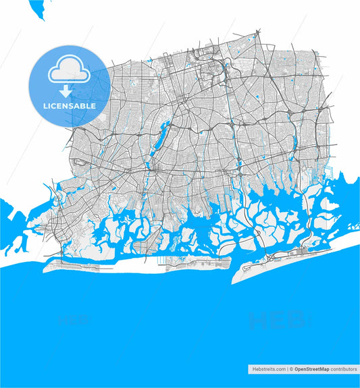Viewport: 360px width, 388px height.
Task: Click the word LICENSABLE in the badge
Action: (68, 106)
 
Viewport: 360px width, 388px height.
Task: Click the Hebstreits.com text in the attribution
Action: (268, 369)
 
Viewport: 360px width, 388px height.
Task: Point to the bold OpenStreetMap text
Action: (310, 369)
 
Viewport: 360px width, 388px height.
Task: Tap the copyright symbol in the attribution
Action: (292, 369)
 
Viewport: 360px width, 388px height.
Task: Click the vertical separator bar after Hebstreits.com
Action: (287, 369)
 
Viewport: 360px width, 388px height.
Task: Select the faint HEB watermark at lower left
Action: (74, 318)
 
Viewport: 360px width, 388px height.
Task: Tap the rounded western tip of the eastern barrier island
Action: (236, 276)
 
